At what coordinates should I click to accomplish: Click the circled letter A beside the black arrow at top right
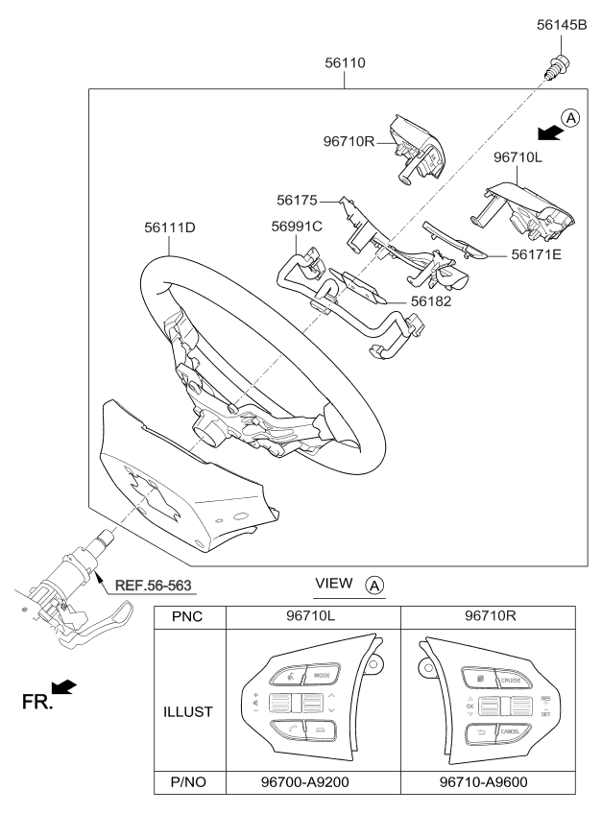pyautogui.click(x=569, y=119)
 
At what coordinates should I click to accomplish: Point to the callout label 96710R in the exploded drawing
pyautogui.click(x=349, y=141)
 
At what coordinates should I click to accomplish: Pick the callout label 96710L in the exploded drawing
pyautogui.click(x=518, y=156)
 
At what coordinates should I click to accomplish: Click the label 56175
pyautogui.click(x=298, y=202)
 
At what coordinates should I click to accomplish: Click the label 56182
pyautogui.click(x=432, y=301)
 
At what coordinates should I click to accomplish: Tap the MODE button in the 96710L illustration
pyautogui.click(x=322, y=675)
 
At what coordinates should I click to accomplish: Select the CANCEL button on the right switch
pyautogui.click(x=509, y=733)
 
